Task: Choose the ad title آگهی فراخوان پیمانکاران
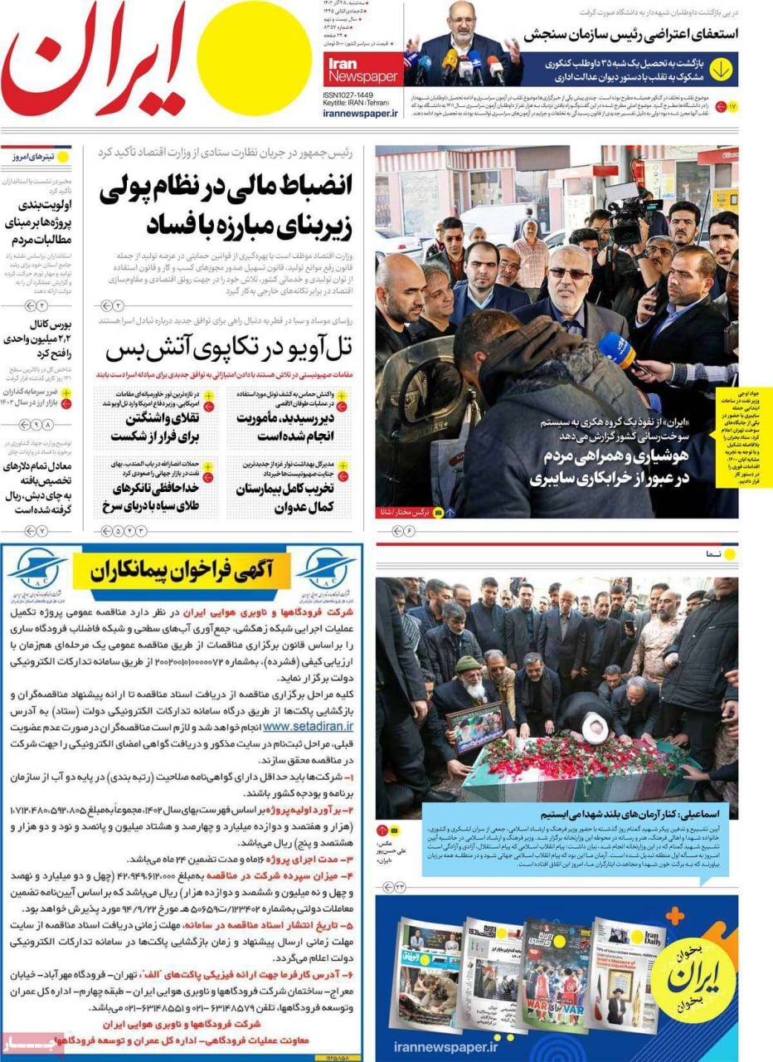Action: point(181,570)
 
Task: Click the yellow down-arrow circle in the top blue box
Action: point(720,71)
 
